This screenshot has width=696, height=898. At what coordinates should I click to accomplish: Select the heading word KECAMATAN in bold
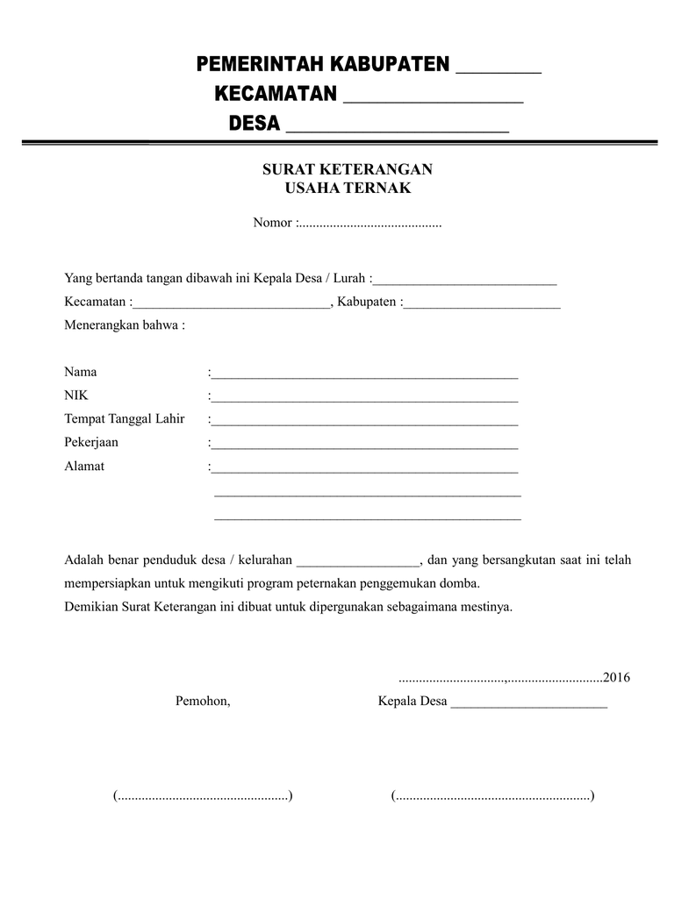(276, 94)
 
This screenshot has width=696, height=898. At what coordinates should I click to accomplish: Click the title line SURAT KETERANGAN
(348, 169)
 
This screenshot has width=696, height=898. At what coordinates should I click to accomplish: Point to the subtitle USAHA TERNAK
(348, 188)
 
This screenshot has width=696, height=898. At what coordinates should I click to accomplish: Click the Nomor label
(272, 223)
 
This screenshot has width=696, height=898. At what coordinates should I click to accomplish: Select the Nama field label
(81, 372)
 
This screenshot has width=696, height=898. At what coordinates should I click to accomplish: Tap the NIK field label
(76, 396)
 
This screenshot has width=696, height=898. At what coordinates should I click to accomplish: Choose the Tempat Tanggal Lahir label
(125, 418)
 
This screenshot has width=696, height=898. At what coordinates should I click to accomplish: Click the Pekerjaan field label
(91, 442)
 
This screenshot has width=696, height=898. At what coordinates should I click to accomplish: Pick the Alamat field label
(84, 466)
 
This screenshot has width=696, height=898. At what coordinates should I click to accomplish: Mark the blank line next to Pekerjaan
(364, 445)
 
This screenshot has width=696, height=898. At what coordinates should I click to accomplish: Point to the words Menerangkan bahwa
(125, 325)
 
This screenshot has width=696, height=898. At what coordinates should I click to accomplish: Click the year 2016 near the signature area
(617, 678)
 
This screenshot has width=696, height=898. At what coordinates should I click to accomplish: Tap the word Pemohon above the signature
(203, 702)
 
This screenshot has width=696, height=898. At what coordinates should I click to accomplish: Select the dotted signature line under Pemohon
(203, 796)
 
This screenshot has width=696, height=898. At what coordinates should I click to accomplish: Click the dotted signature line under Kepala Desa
(492, 796)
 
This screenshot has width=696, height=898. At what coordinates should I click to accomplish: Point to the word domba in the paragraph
(462, 583)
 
